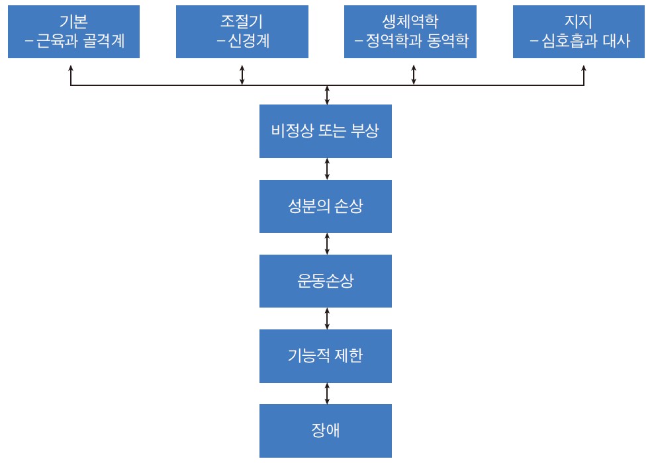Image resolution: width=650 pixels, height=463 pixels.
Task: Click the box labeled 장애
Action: click(325, 431)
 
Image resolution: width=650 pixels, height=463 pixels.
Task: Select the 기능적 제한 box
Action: click(325, 356)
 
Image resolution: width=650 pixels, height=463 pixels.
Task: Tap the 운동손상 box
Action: click(325, 280)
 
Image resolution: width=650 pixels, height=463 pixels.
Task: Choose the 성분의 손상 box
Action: click(325, 206)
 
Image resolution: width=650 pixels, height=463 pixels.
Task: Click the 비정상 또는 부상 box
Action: click(325, 130)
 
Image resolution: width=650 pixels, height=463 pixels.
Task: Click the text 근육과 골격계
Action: click(81, 41)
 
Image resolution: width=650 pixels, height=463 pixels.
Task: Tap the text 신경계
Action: click(248, 41)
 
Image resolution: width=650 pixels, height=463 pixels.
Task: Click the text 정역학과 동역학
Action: click(418, 41)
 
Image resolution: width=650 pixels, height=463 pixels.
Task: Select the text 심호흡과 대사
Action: click(585, 41)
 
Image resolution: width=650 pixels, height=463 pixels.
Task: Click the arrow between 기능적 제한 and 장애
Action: click(327, 393)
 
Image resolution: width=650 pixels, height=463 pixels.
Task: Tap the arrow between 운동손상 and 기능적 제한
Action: click(327, 318)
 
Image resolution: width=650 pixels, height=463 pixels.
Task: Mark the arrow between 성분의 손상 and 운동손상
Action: click(327, 243)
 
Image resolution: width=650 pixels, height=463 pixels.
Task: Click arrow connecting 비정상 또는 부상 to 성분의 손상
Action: click(327, 168)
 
